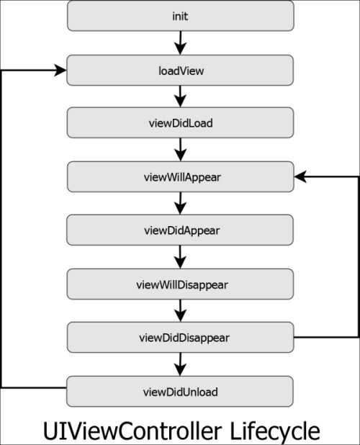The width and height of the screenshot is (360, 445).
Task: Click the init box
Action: (180, 15)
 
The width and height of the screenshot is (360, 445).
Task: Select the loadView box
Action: (180, 70)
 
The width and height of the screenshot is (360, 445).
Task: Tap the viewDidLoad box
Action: (180, 122)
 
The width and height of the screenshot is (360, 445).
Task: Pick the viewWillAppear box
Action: (180, 176)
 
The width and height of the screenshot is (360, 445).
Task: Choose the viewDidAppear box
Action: (180, 230)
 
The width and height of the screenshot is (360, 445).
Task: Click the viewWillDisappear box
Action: (180, 284)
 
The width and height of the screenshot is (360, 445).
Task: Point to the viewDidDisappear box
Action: (180, 337)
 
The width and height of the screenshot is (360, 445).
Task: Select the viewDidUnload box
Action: (180, 391)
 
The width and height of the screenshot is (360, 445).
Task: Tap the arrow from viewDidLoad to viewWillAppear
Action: (180, 150)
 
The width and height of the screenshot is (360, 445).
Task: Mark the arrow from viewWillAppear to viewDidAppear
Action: (180, 203)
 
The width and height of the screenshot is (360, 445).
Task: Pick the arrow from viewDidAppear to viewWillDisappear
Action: (180, 257)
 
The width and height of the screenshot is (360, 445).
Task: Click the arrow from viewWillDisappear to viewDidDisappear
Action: (180, 310)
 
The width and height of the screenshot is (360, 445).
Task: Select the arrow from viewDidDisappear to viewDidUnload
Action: (180, 364)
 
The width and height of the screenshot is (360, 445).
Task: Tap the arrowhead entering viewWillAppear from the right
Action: (300, 176)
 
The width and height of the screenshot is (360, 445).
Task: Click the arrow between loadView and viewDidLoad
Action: (180, 96)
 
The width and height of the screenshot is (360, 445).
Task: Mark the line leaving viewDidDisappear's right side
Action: (328, 337)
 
